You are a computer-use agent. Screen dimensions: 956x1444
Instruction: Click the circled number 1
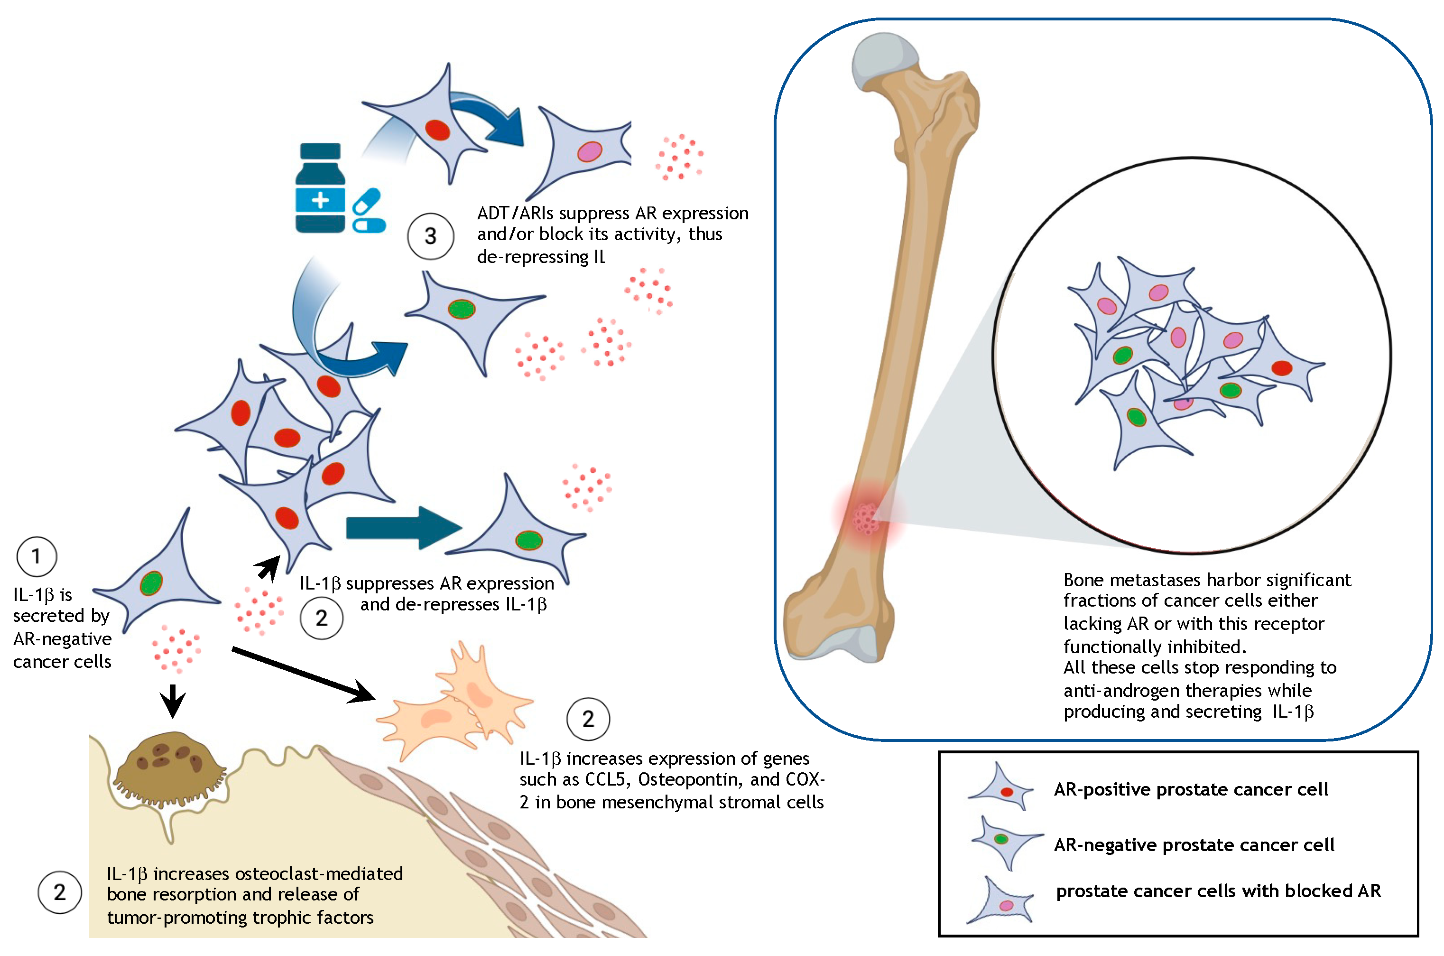click(x=37, y=556)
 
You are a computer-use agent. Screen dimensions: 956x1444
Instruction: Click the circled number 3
click(x=430, y=236)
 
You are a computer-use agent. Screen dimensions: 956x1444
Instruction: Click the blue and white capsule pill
click(x=369, y=211)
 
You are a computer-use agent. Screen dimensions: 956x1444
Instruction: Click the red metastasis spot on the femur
click(x=866, y=518)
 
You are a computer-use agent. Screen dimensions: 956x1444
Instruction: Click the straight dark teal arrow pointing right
click(x=402, y=528)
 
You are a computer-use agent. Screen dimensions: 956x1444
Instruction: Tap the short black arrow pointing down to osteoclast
click(x=173, y=701)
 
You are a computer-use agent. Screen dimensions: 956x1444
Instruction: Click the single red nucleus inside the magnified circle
click(x=1282, y=368)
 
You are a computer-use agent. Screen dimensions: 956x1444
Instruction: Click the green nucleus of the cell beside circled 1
click(x=151, y=583)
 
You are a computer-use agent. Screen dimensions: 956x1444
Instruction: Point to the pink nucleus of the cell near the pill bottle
click(x=589, y=151)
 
